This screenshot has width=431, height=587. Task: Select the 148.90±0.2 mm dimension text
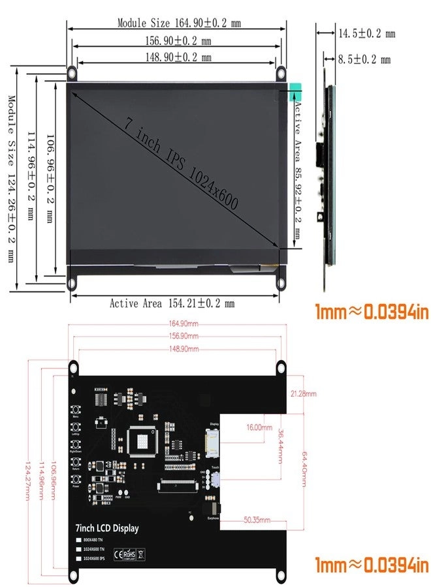click(178, 57)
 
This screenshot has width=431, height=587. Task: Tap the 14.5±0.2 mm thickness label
click(366, 33)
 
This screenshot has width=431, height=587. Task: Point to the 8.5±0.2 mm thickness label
click(364, 59)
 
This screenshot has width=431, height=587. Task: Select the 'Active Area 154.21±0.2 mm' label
click(172, 303)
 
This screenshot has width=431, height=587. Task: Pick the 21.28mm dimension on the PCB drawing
click(303, 394)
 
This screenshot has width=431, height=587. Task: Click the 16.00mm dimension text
click(259, 427)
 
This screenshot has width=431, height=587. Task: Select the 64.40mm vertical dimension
click(304, 470)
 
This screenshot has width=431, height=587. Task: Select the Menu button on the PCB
click(77, 410)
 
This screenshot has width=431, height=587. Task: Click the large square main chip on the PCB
click(142, 444)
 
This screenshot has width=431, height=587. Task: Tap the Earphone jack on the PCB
click(212, 509)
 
